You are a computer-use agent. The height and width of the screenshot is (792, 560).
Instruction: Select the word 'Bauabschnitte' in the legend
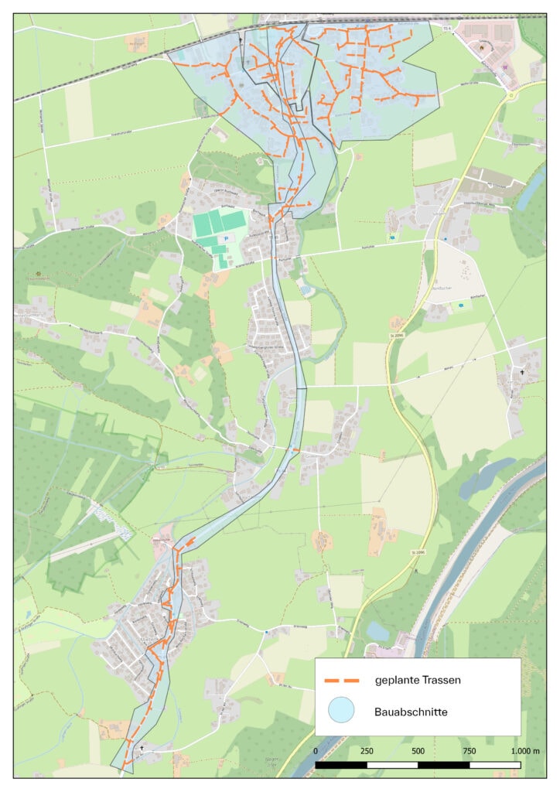click(408, 710)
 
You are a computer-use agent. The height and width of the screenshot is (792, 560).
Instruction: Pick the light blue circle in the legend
click(341, 710)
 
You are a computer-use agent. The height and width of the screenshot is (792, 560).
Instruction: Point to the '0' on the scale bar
click(316, 751)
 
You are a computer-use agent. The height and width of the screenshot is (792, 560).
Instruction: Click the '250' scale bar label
click(367, 751)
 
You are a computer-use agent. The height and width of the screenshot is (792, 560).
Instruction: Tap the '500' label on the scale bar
click(418, 751)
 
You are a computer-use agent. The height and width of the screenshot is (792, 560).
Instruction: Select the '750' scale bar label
click(469, 751)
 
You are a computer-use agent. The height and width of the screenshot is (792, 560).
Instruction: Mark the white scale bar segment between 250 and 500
click(392, 765)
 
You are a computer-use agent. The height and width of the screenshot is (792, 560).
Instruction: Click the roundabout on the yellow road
click(512, 96)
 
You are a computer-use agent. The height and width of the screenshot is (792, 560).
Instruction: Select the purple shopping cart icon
click(505, 67)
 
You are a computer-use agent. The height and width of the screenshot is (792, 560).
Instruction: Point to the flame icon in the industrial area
click(483, 46)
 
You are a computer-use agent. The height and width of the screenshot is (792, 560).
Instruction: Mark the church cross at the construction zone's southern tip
click(142, 749)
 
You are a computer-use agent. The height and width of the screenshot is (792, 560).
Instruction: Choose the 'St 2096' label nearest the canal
click(418, 552)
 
